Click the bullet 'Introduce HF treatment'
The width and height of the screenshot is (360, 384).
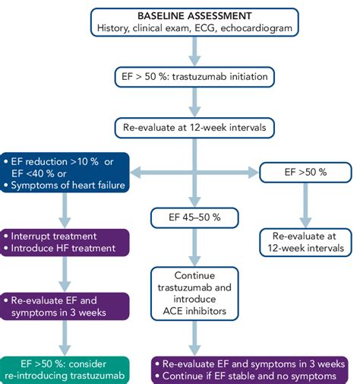(64, 249)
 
